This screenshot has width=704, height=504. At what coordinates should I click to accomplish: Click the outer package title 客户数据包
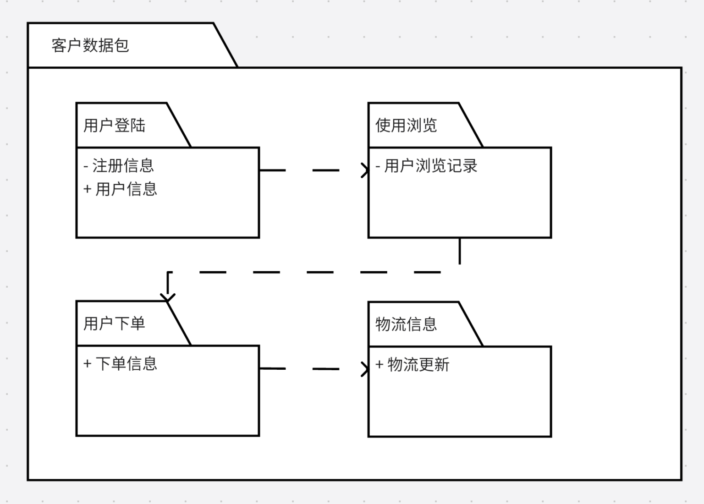point(90,45)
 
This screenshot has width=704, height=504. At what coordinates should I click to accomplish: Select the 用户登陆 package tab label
point(114,125)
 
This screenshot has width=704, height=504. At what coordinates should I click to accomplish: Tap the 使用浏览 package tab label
point(406,125)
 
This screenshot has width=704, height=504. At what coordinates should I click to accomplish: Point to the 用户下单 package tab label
point(114,323)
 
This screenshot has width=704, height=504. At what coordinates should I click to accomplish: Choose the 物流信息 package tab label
point(406,324)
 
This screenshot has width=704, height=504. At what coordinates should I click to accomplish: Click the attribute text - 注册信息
point(119,165)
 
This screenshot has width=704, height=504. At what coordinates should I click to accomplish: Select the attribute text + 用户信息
point(120,189)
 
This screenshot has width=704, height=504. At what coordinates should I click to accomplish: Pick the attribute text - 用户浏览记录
point(426,165)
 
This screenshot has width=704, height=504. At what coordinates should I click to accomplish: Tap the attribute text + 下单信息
point(120,364)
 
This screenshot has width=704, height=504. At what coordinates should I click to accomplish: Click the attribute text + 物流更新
point(412,365)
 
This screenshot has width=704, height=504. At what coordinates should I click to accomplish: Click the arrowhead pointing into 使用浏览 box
point(365,170)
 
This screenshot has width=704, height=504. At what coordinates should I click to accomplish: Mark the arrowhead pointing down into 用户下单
point(168,298)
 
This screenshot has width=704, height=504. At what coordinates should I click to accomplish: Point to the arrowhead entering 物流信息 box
point(365,369)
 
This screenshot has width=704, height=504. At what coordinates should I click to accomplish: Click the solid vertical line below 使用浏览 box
point(460,251)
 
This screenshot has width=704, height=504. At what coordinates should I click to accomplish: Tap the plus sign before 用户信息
point(87,189)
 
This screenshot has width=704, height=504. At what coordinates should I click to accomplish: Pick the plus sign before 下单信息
point(87,364)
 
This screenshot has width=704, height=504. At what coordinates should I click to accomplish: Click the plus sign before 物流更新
point(379,365)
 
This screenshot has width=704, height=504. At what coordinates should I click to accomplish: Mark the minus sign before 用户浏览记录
point(378,166)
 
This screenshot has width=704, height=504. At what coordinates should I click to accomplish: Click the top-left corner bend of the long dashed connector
point(168,273)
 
